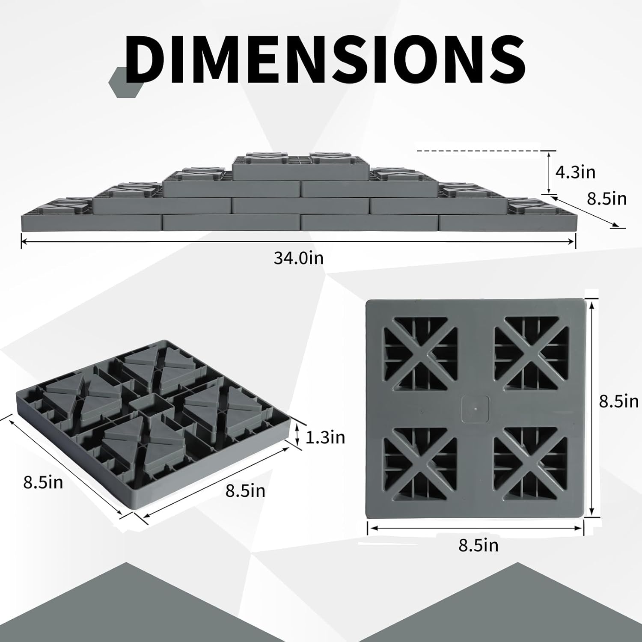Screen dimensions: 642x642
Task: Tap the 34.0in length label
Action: pos(299,258)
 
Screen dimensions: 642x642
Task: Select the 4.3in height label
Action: pos(575,172)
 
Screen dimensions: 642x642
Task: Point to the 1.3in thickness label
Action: pos(325,437)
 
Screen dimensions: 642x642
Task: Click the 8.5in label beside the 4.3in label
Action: pos(606,199)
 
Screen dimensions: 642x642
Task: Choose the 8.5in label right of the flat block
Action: pos(618,401)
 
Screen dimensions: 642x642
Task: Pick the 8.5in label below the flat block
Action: pos(479,545)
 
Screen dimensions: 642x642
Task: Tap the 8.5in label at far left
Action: pos(43,482)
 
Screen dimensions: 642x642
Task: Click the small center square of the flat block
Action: pos(476,408)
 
